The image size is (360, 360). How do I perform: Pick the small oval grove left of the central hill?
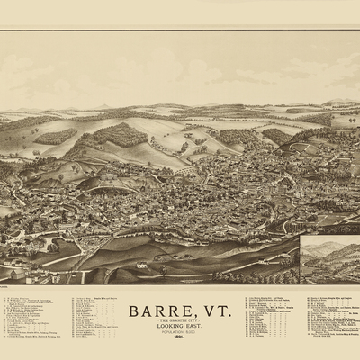tap(56, 137)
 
